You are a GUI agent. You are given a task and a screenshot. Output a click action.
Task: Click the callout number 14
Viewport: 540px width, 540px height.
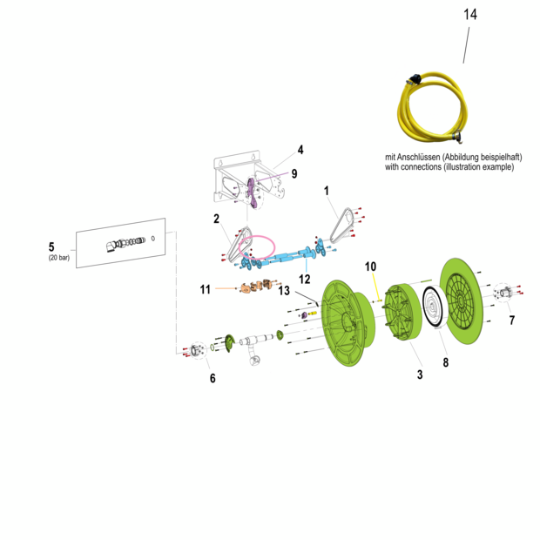(470, 15)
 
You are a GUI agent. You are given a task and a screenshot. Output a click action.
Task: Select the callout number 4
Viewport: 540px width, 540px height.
(300, 150)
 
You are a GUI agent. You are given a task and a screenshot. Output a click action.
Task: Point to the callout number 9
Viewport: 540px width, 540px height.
(294, 173)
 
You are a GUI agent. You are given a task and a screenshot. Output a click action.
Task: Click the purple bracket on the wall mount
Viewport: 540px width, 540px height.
(253, 192)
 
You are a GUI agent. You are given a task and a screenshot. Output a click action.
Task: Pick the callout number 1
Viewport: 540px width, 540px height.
(327, 191)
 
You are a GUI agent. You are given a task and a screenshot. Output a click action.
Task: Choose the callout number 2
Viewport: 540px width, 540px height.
(216, 219)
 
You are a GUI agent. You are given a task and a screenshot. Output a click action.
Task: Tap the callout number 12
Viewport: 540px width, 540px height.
(305, 279)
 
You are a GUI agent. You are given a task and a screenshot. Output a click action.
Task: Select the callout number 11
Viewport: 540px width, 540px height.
(206, 289)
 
